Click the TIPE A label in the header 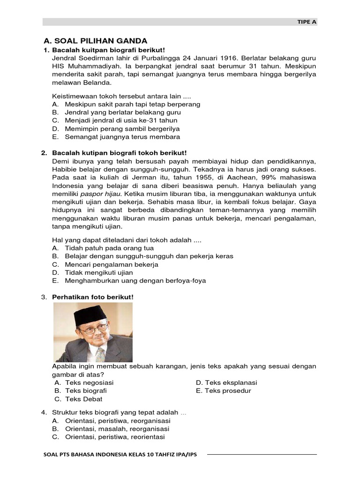point(307,22)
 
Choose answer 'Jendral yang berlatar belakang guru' point(123,112)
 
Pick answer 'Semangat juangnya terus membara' point(122,137)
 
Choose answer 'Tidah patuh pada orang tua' point(109,248)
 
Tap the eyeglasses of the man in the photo point(94,330)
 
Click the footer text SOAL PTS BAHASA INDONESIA point(120,455)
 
